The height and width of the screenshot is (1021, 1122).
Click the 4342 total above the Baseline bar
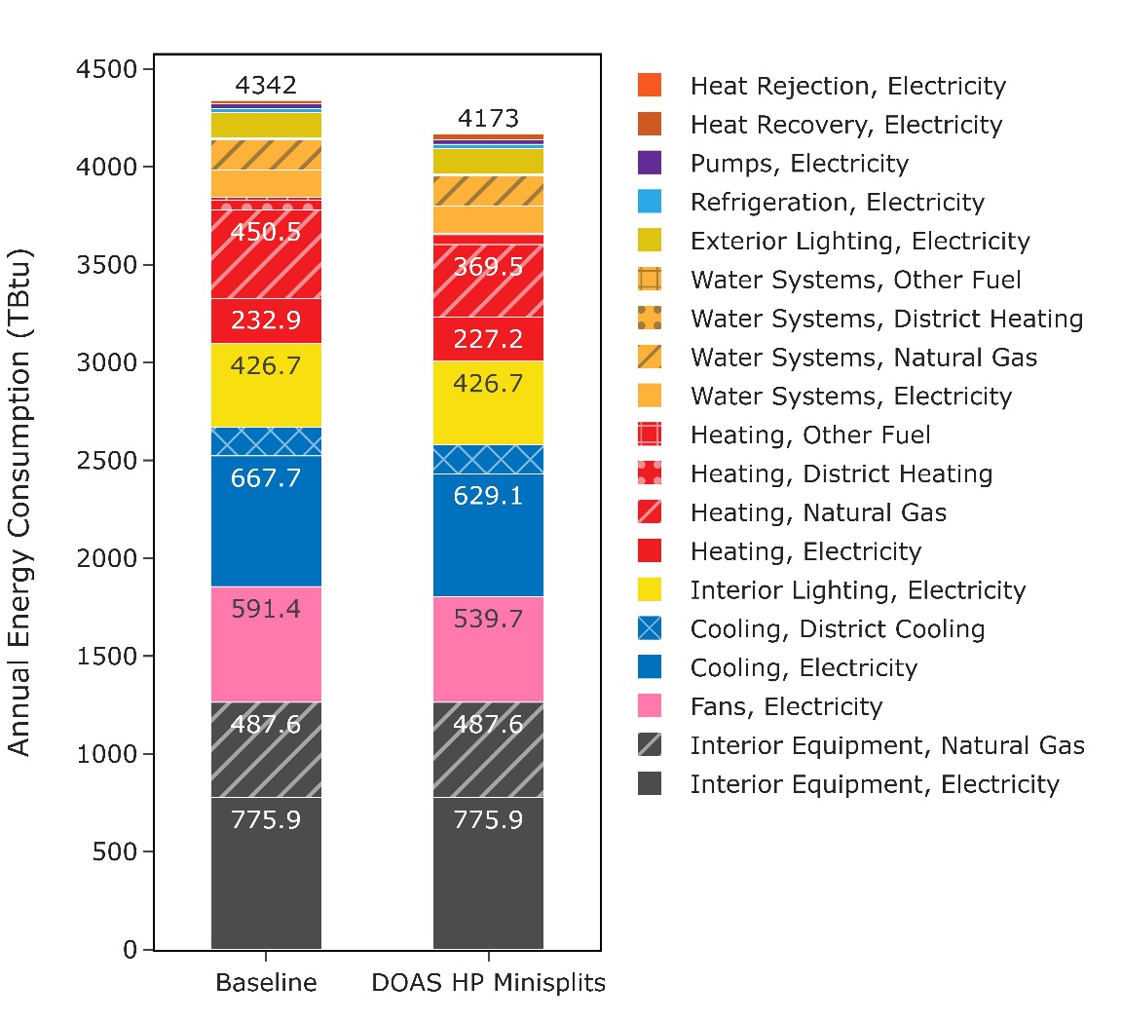[x=266, y=85]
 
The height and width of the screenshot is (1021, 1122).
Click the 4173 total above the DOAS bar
[x=488, y=119]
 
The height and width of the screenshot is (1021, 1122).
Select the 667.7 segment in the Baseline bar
[x=266, y=521]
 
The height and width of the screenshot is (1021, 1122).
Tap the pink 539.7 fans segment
[x=488, y=649]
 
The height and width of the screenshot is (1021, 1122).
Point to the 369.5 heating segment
[x=488, y=281]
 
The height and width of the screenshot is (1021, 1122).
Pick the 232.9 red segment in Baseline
[x=266, y=321]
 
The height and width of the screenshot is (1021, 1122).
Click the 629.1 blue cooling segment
[x=488, y=535]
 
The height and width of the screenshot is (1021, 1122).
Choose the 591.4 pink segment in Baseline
[x=266, y=644]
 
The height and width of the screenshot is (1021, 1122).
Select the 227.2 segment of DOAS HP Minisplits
[x=488, y=339]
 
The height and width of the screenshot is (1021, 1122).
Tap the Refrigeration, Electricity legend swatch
[x=650, y=202]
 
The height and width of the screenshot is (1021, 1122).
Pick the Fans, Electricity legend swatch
[x=650, y=706]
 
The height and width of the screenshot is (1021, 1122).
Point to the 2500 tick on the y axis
[x=107, y=460]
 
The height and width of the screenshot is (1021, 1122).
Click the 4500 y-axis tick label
[x=107, y=70]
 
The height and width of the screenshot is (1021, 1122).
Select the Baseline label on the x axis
[x=266, y=982]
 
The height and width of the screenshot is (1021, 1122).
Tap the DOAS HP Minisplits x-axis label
[x=488, y=982]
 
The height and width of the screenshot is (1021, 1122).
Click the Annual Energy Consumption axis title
[x=20, y=503]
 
